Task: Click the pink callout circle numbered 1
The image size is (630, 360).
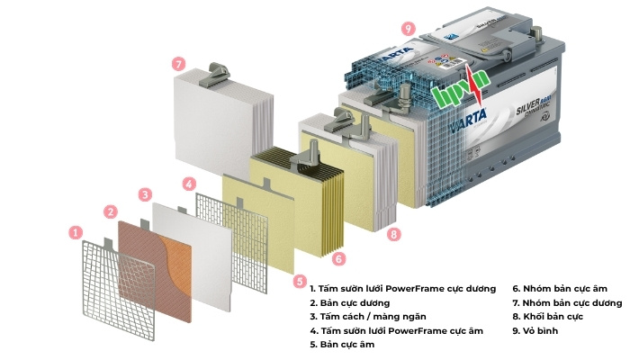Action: pyautogui.click(x=76, y=232)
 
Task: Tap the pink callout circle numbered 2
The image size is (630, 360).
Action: pyautogui.click(x=111, y=212)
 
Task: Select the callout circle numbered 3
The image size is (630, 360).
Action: pyautogui.click(x=145, y=193)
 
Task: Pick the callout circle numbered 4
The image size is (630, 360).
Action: pyautogui.click(x=188, y=184)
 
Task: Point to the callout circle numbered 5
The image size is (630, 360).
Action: pyautogui.click(x=300, y=280)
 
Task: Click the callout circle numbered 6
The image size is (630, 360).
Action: pyautogui.click(x=338, y=258)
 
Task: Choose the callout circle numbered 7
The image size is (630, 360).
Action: pyautogui.click(x=179, y=64)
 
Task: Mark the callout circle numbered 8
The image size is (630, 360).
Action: pyautogui.click(x=393, y=234)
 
